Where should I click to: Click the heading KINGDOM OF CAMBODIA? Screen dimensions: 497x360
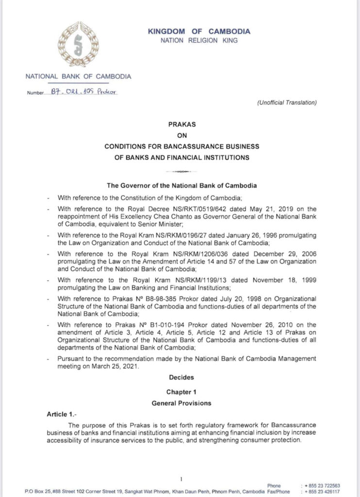(199, 32)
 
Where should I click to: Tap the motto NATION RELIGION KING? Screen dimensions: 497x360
(199, 41)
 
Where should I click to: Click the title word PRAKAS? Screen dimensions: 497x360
(180, 125)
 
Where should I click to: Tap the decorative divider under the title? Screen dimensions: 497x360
(180, 171)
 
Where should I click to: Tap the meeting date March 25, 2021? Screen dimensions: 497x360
(121, 367)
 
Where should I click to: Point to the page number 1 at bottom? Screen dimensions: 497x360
(180, 479)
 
